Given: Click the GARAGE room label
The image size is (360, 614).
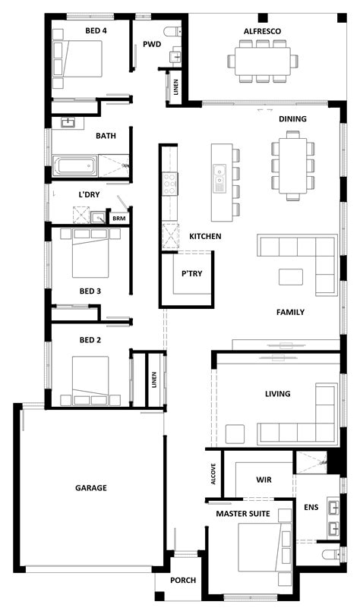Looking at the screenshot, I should click(x=90, y=488).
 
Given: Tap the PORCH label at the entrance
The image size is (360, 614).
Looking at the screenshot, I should click(x=183, y=581).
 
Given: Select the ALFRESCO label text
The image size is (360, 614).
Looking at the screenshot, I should click(x=263, y=31).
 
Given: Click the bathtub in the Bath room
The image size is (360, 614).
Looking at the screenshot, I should click(x=74, y=164).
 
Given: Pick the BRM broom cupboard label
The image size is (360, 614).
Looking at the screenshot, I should click(x=118, y=219).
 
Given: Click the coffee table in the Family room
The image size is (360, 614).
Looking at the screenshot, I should click(x=290, y=276).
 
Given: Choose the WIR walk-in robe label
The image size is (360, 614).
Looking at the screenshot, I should click(x=263, y=480).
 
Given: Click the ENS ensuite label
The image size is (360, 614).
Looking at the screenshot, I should click(x=311, y=507).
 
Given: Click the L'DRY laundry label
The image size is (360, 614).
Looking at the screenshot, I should click(x=89, y=194).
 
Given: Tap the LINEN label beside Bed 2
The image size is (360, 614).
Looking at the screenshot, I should click(x=154, y=378).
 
